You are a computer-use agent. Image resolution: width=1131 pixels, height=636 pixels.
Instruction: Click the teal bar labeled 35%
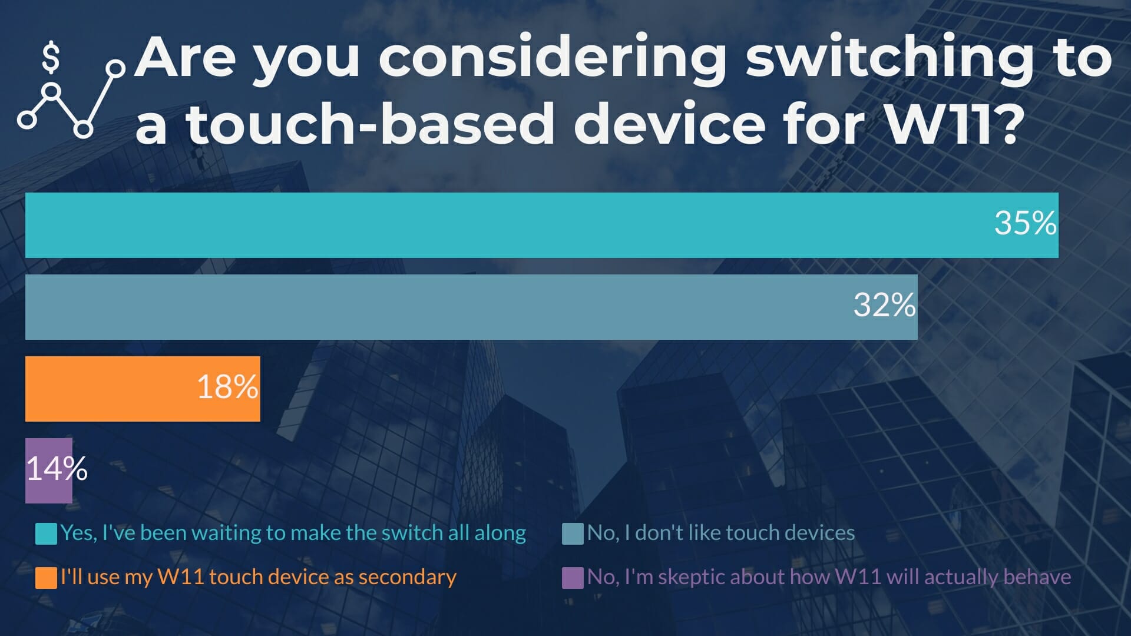[x=542, y=225]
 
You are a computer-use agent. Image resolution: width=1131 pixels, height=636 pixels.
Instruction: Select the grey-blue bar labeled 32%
[x=471, y=307]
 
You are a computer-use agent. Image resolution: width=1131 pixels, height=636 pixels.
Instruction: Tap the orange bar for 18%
[x=143, y=389]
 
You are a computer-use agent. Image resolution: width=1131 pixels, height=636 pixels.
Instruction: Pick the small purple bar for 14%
[x=49, y=471]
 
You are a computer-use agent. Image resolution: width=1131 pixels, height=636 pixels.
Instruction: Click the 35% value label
[x=1026, y=223]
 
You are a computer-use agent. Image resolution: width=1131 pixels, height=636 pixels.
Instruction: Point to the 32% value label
[x=885, y=305]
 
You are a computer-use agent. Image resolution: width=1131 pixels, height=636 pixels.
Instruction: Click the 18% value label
[x=227, y=387]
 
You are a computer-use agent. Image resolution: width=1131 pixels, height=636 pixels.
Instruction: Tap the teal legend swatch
[x=46, y=534]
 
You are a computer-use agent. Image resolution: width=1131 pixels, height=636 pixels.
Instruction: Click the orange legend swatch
[x=46, y=578]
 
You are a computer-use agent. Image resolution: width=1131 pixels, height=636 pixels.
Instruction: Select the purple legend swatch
[x=573, y=578]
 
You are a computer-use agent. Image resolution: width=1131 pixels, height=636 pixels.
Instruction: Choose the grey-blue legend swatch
[x=573, y=534]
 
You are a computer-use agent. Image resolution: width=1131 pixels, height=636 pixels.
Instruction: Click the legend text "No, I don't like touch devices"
[x=721, y=533]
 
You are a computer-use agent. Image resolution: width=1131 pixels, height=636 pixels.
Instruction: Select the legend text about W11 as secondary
[x=259, y=577]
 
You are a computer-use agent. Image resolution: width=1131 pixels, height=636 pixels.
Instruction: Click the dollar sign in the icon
[x=51, y=58]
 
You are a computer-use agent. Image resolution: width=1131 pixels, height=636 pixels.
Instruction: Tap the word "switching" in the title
[x=890, y=59]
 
